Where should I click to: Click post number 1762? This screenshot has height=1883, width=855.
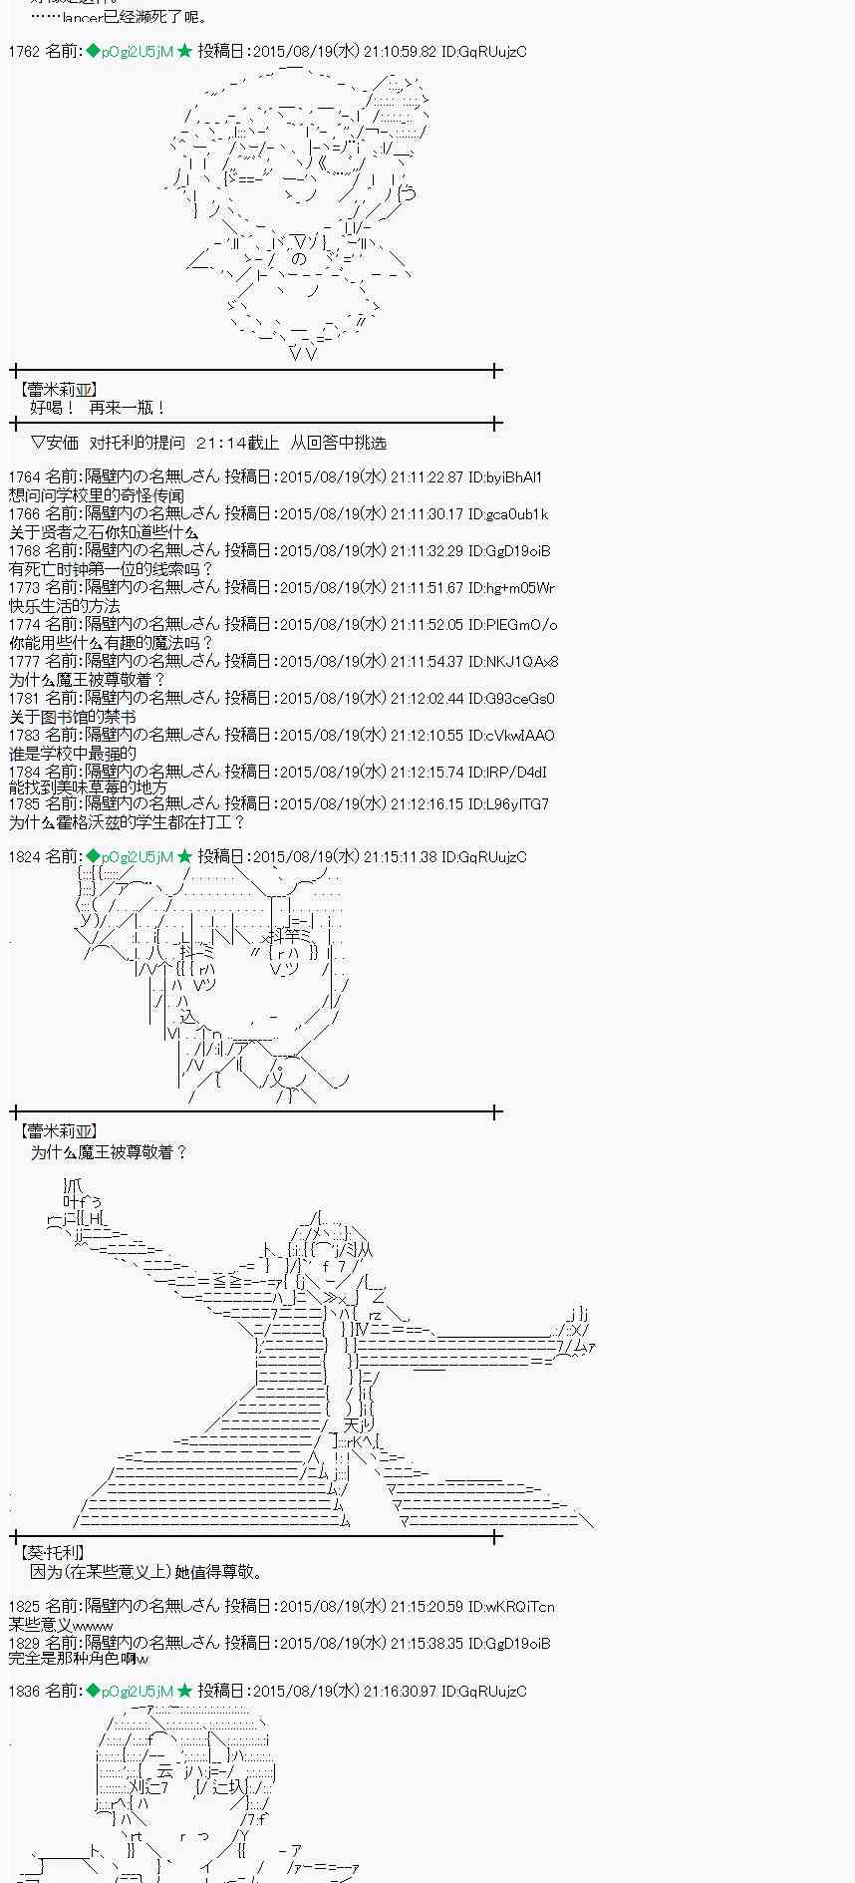(x=24, y=51)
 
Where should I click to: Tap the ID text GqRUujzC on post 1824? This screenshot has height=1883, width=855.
(x=493, y=856)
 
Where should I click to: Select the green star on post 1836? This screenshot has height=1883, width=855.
(x=184, y=1691)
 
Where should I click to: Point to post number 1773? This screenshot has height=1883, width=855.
(x=24, y=588)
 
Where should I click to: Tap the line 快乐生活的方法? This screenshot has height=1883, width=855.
(x=65, y=606)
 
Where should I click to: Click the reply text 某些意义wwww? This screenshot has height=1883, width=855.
(x=61, y=1625)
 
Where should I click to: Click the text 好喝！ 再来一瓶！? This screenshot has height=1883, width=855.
(x=98, y=408)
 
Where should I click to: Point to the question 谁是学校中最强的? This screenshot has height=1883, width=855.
(x=73, y=754)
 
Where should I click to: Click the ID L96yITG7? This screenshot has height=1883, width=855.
(x=516, y=803)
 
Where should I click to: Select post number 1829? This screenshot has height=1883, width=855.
(x=24, y=1643)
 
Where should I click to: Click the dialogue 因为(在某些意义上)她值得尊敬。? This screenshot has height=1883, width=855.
(x=147, y=1572)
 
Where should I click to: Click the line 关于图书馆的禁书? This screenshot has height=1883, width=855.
(x=73, y=717)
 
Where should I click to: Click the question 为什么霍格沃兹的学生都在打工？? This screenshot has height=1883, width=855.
(x=127, y=822)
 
